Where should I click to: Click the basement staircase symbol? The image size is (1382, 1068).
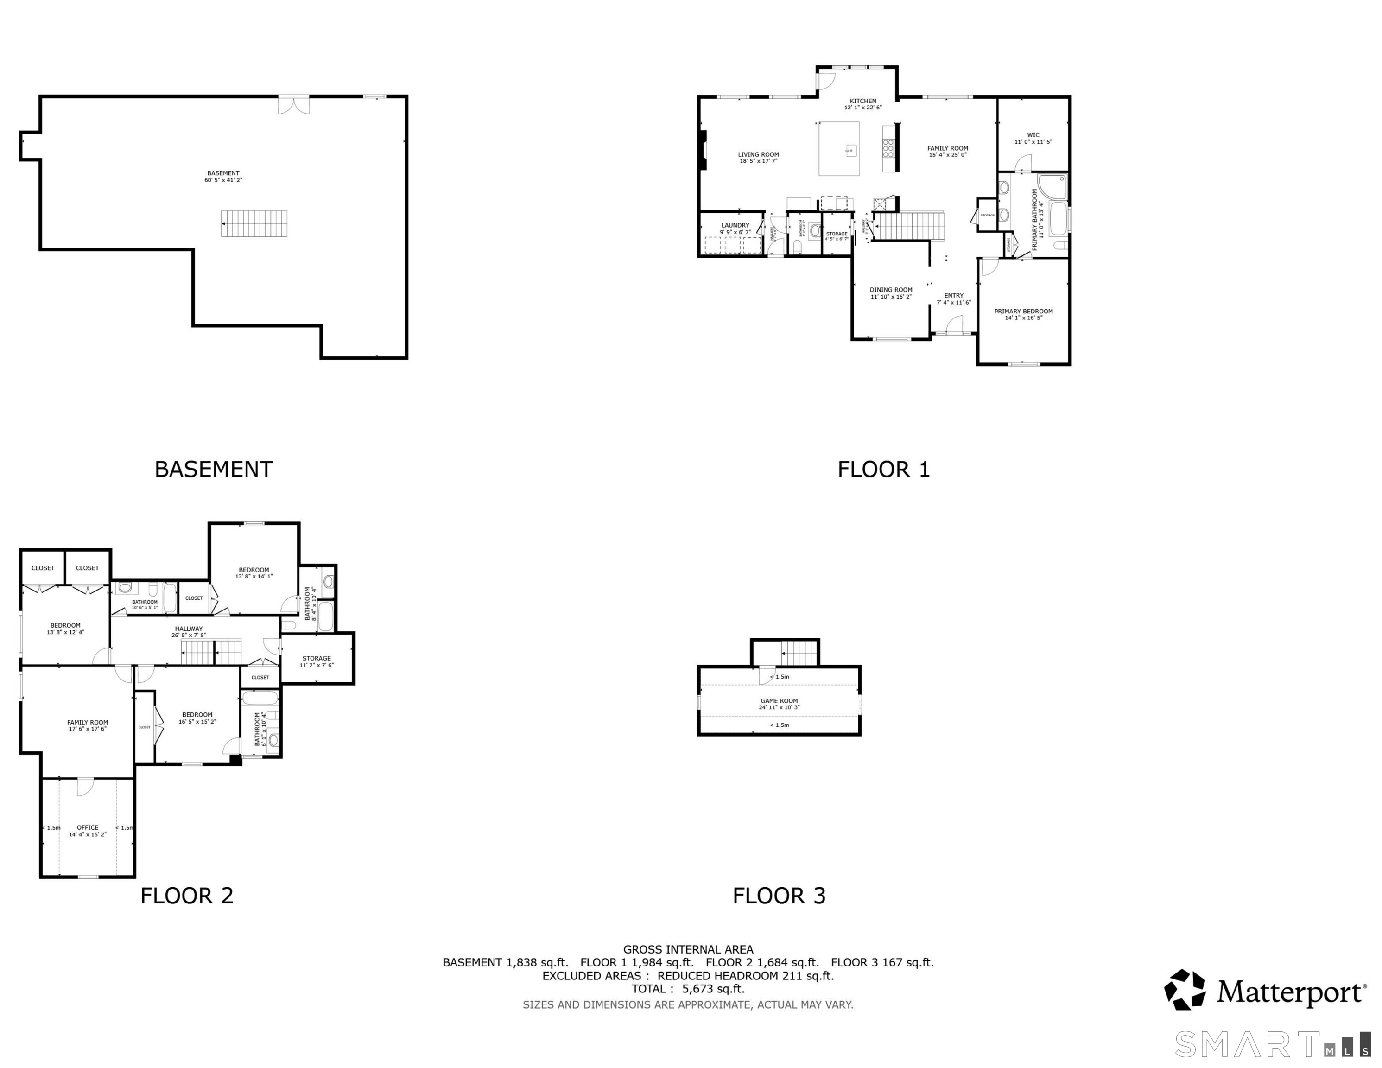tap(254, 223)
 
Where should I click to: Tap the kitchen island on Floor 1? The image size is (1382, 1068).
tap(839, 149)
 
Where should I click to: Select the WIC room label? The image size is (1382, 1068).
tap(1033, 135)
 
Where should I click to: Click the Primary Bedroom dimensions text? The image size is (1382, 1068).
tap(1023, 318)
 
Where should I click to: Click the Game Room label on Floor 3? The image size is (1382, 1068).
tap(779, 701)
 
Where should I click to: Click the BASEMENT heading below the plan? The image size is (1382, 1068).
tap(214, 469)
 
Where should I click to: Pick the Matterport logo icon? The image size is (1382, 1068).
tap(1185, 990)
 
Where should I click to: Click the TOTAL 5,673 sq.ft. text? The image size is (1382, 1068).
tap(688, 989)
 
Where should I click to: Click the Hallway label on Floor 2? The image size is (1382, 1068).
tap(189, 629)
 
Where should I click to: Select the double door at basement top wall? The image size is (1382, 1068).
tap(294, 104)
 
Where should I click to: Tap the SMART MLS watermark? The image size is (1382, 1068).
tap(1272, 1044)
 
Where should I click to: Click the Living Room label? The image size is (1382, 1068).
tap(758, 154)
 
